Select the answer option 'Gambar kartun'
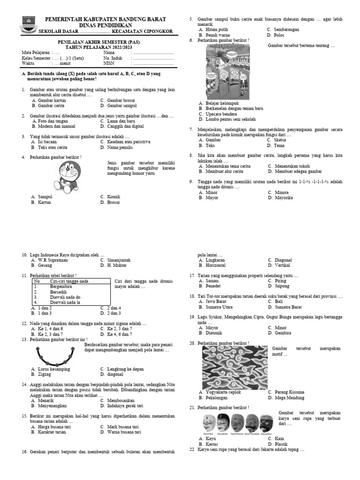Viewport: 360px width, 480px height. tap(52, 100)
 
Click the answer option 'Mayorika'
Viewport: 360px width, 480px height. tap(284, 198)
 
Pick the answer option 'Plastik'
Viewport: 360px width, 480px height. tap(281, 444)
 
